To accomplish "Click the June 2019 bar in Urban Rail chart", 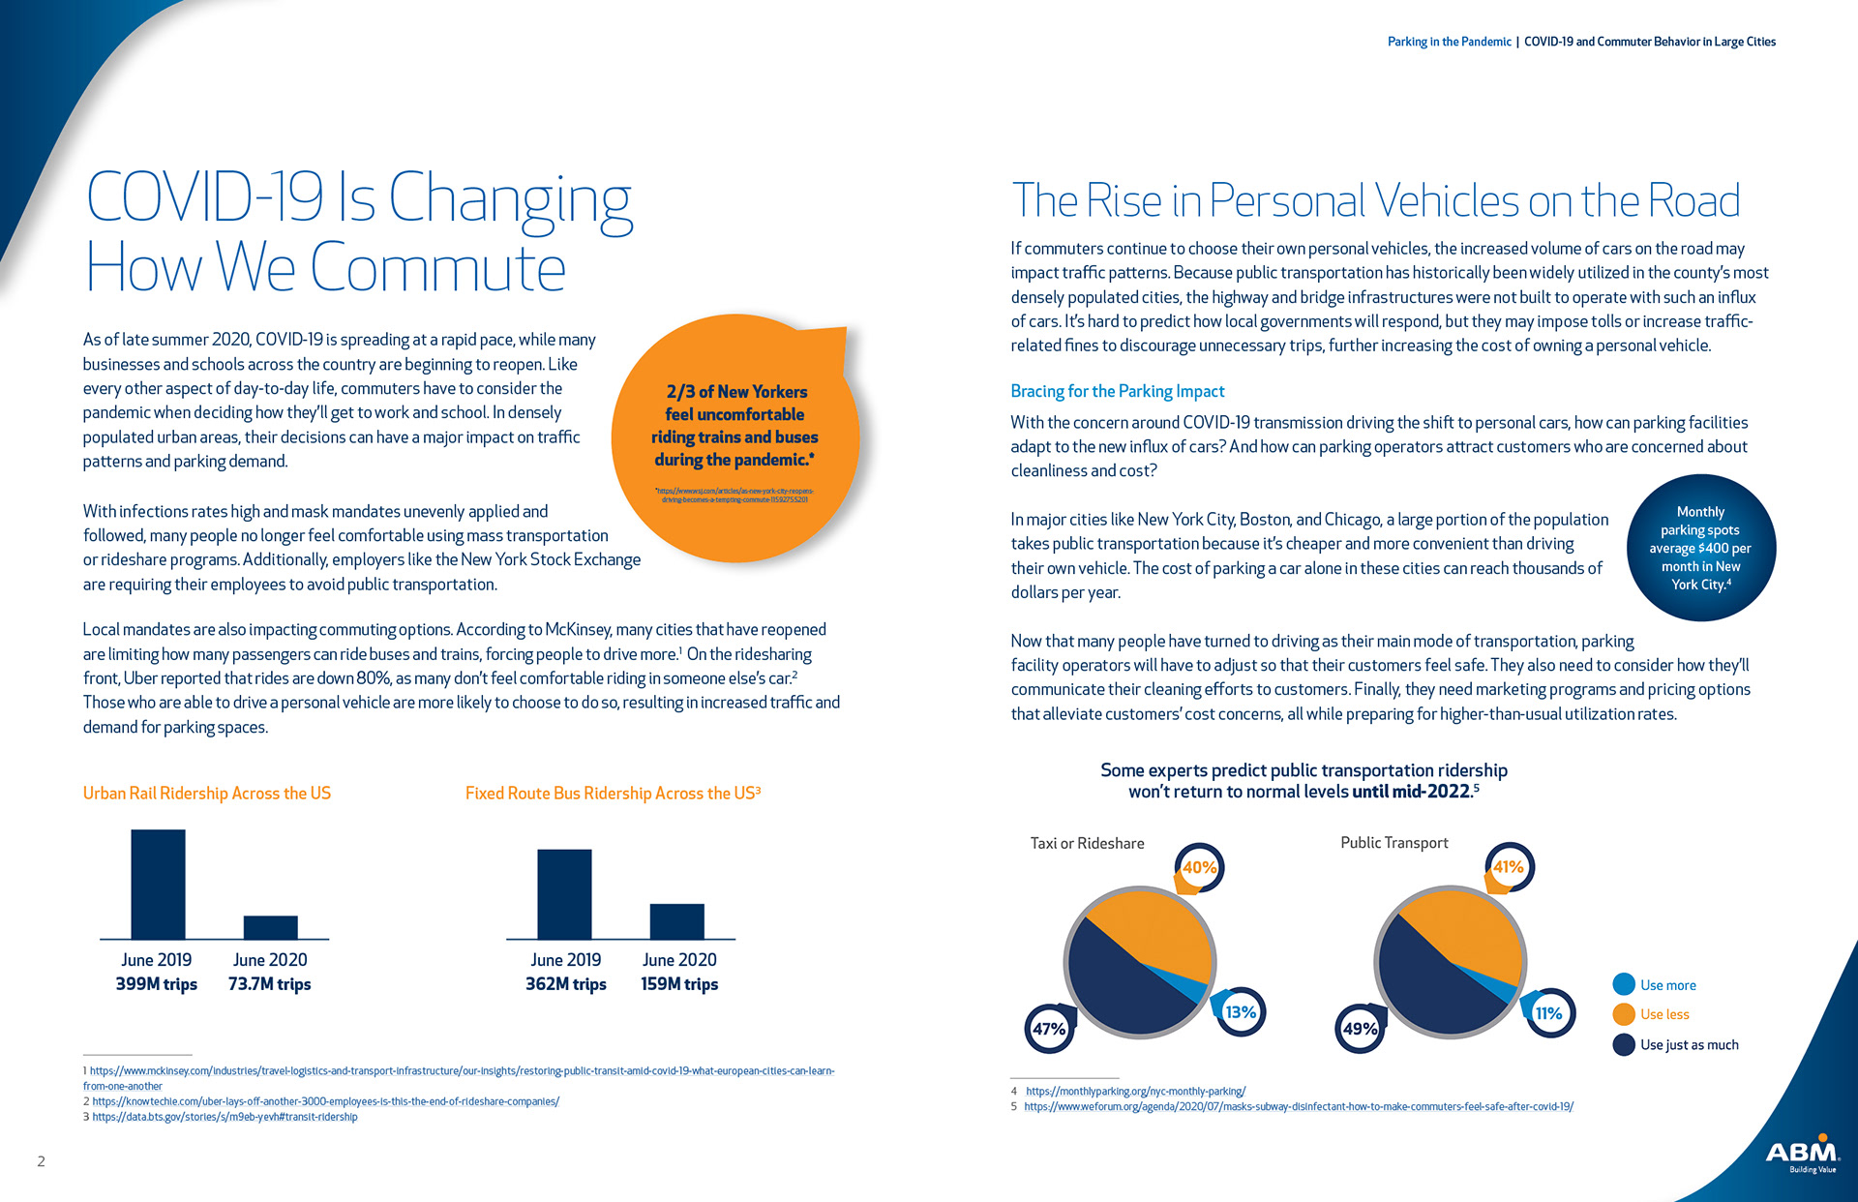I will pos(158,884).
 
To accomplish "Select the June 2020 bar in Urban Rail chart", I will pos(270,927).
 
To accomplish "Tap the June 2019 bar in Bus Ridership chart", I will pos(564,893).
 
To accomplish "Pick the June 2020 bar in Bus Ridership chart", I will pos(676,921).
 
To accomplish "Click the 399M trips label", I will pos(156,984).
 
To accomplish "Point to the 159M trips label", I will pos(679,984).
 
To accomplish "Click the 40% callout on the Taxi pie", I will pos(1200,867).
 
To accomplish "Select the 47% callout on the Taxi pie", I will pos(1049,1029).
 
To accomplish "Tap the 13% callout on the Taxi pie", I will pos(1241,1012).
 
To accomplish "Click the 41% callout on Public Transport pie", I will pos(1509,867).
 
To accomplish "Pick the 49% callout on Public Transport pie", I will pos(1360,1029).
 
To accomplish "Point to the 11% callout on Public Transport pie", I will pos(1549,1013).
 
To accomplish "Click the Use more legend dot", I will pos(1624,984).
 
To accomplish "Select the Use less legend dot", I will pos(1624,1014).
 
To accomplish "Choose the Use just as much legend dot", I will pos(1624,1044).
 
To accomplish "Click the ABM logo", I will pos(1802,1153).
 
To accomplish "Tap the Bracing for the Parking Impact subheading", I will pos(1117,391).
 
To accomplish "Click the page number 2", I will pos(41,1161).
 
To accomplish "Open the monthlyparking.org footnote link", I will pos(1135,1091).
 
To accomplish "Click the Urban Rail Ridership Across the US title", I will pos(206,793).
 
